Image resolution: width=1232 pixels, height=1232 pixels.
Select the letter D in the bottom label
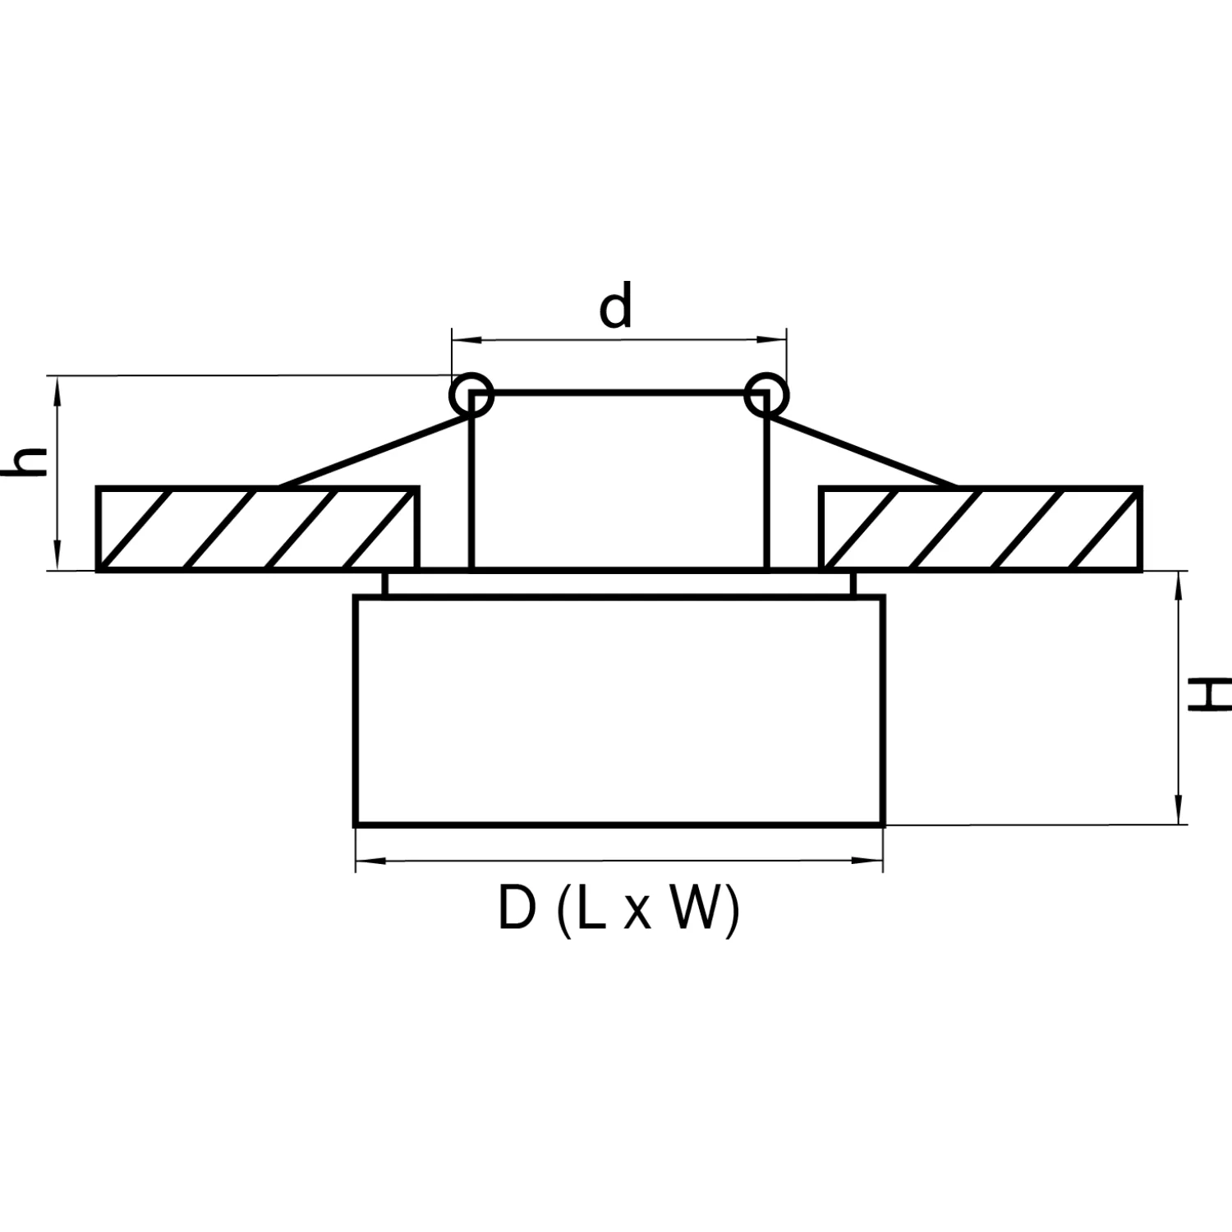[x=517, y=908]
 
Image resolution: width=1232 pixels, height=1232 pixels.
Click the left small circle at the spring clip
[x=471, y=395]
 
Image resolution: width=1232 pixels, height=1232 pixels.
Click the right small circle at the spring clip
[x=765, y=395]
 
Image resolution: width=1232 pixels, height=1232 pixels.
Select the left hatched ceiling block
[x=258, y=528]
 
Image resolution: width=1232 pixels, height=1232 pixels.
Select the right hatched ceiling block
[x=981, y=528]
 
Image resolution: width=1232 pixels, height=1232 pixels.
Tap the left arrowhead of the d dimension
[x=463, y=338]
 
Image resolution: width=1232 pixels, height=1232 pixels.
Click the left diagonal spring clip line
[x=375, y=451]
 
